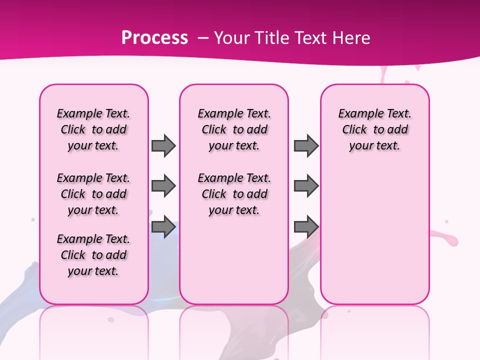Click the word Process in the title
[x=154, y=38]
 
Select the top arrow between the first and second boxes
[x=163, y=145]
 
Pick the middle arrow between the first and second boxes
[x=163, y=186]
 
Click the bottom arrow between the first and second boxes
[x=163, y=227]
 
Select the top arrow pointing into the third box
[x=306, y=145]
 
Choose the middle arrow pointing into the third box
[x=306, y=186]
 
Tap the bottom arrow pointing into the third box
[x=306, y=227]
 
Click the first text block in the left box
[x=93, y=129]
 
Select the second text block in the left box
[x=93, y=194]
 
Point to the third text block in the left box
[x=93, y=255]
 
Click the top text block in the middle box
[x=234, y=129]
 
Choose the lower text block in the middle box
[x=234, y=194]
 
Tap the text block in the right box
[x=374, y=129]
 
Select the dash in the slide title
[x=202, y=38]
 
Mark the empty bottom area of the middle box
[x=234, y=265]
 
